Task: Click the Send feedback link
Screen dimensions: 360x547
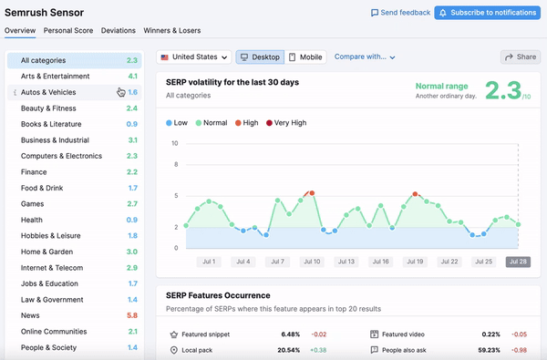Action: [x=400, y=13]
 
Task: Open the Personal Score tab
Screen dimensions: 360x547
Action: [x=68, y=30]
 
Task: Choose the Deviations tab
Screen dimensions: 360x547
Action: [x=119, y=30]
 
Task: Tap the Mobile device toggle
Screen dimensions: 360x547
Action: [x=305, y=57]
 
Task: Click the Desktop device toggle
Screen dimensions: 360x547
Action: [x=260, y=57]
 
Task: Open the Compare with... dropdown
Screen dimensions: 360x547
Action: [x=365, y=57]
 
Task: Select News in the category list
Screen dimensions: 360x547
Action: [x=31, y=314]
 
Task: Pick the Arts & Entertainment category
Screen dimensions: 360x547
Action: [x=55, y=77]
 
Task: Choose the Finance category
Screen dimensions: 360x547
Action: [x=34, y=171]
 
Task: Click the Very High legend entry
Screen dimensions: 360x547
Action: [x=286, y=122]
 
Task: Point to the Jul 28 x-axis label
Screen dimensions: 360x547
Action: [x=518, y=262]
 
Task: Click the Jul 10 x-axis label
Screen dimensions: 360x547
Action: [x=311, y=262]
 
